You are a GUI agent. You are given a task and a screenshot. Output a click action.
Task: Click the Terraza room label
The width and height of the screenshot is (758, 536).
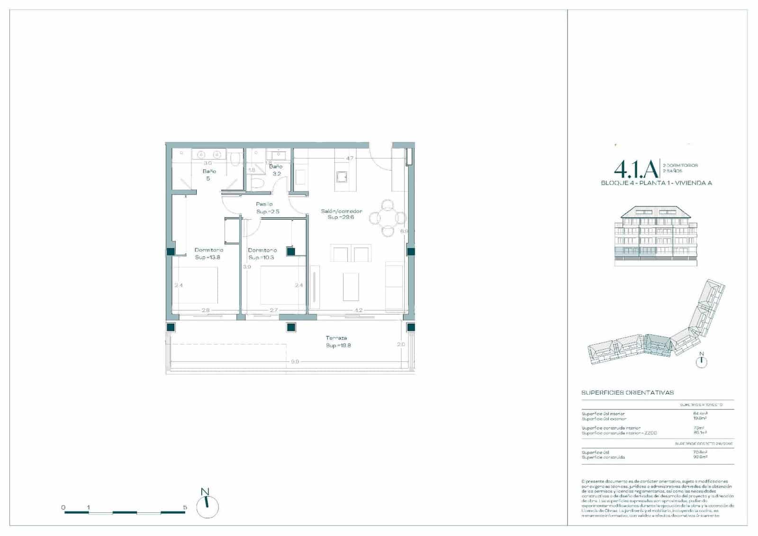[336, 338]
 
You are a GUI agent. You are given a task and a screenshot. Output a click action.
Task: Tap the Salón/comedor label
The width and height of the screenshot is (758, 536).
[341, 211]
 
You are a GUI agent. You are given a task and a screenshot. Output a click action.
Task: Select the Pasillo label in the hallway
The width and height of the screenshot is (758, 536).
[264, 204]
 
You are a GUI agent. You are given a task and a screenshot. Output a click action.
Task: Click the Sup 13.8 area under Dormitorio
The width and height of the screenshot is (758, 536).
[208, 258]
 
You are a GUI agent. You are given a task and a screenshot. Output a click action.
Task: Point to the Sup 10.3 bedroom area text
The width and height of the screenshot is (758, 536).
[261, 258]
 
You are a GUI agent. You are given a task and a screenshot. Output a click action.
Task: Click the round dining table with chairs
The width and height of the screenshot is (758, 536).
[388, 218]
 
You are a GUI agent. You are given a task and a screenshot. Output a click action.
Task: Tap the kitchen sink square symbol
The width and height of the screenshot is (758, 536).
[342, 177]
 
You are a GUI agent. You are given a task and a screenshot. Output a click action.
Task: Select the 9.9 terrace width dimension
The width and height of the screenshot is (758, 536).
[295, 361]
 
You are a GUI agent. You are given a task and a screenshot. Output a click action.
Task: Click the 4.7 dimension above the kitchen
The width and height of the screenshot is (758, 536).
[350, 158]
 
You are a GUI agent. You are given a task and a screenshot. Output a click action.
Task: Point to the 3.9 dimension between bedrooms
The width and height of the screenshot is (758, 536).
[247, 267]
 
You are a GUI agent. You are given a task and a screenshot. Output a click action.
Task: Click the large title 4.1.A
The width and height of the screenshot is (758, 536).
[636, 168]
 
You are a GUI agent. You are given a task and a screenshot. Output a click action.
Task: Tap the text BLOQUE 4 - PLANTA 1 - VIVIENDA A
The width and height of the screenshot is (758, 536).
[656, 183]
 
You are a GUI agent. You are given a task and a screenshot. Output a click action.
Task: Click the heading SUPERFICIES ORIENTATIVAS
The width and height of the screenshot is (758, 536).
[627, 393]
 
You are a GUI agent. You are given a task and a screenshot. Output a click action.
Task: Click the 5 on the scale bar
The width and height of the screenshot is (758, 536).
[185, 507]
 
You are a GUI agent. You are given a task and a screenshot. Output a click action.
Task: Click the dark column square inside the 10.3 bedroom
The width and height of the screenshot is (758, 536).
[290, 252]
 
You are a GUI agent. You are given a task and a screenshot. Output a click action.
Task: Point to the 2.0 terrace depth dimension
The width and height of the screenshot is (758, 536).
[401, 344]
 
